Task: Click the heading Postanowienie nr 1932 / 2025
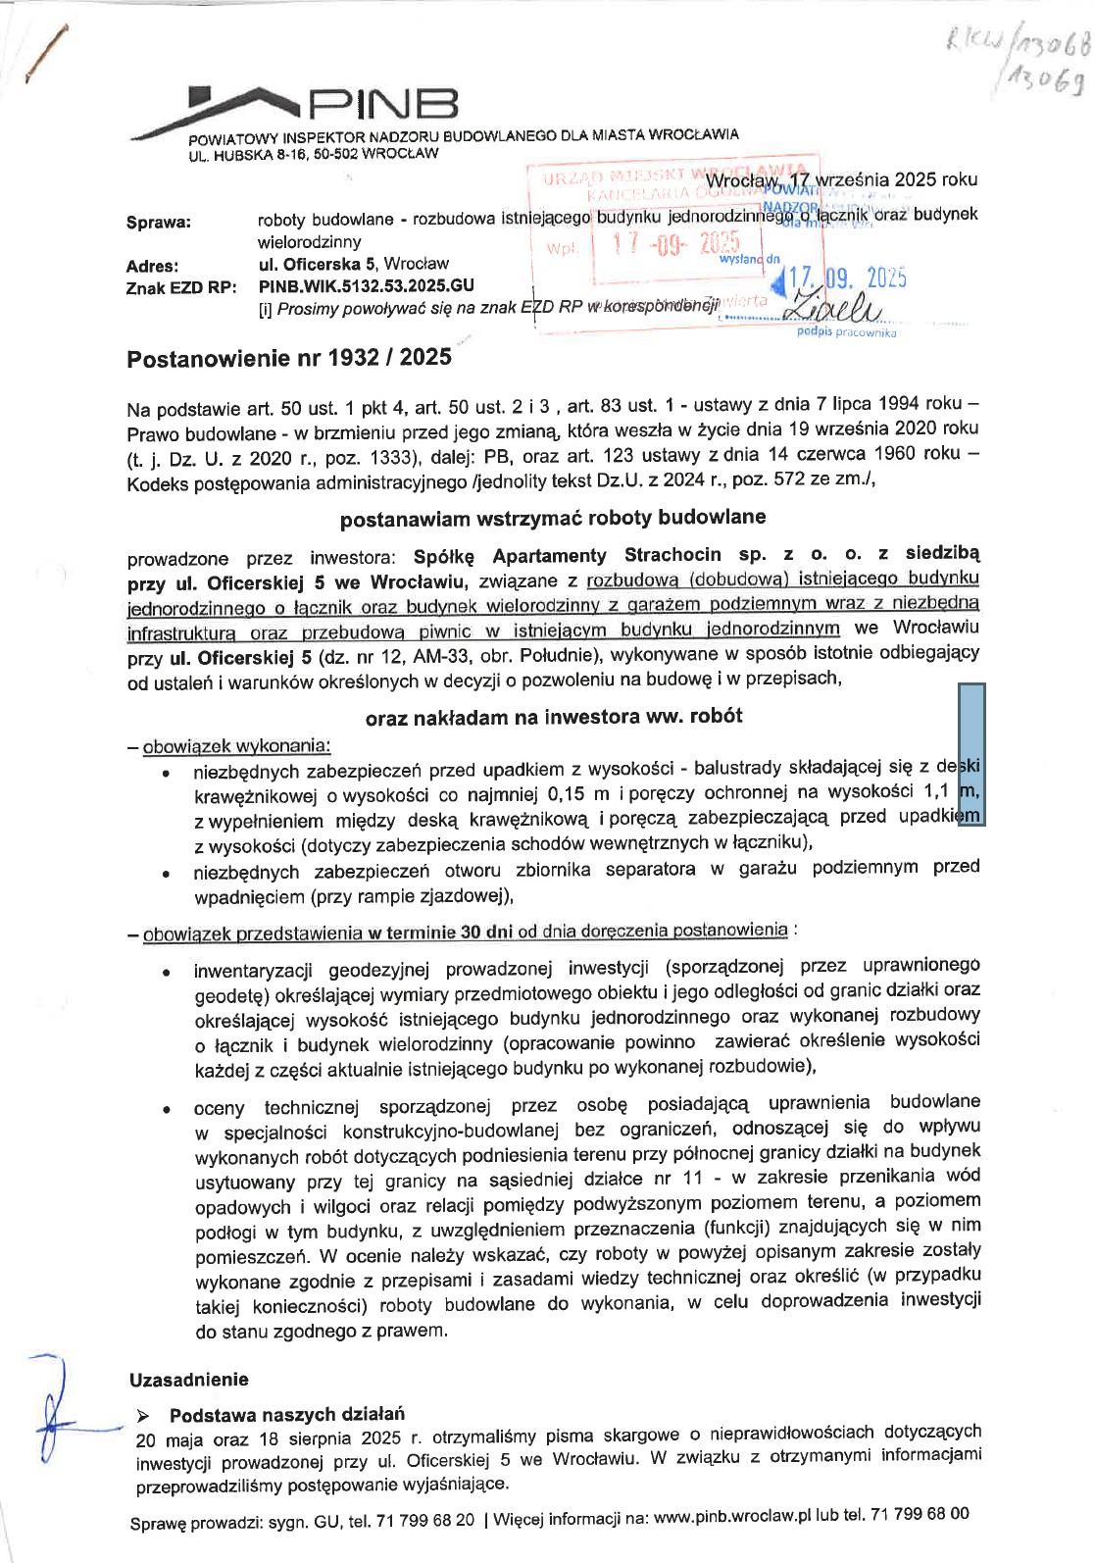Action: [289, 357]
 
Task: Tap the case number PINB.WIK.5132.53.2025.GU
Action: [366, 285]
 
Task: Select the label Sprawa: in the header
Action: [159, 223]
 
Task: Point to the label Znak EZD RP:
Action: [181, 288]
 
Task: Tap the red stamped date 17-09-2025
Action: [675, 245]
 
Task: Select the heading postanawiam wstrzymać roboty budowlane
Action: [553, 518]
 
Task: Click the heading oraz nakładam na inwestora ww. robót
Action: [553, 717]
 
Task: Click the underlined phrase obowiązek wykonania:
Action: [236, 747]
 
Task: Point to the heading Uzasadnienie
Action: [188, 1380]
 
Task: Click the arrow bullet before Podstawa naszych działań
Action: [143, 1415]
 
